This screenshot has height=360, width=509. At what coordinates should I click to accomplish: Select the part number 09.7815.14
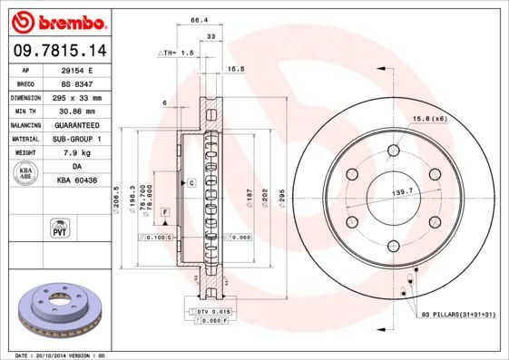pyautogui.click(x=56, y=51)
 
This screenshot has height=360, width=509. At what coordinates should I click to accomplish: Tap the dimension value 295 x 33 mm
pyautogui.click(x=76, y=97)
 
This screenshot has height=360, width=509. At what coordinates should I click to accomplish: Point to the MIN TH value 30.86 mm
pyautogui.click(x=76, y=111)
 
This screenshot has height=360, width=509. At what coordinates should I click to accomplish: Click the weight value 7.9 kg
pyautogui.click(x=76, y=153)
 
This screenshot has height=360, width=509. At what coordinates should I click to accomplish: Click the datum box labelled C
pyautogui.click(x=192, y=183)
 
